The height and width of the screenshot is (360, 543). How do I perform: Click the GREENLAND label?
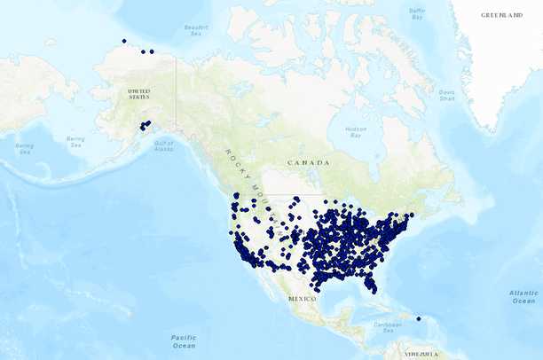tap(501, 15)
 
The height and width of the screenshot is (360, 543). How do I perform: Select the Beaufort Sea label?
tap(195, 29)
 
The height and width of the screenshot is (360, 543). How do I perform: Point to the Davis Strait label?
tap(446, 94)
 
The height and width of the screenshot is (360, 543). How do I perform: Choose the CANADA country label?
tap(308, 163)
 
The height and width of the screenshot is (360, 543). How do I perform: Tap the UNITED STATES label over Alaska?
tap(138, 94)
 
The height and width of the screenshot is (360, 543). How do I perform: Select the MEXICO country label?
tap(302, 299)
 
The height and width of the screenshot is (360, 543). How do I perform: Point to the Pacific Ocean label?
tap(184, 340)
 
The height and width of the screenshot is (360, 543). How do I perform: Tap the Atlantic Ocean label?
tap(523, 296)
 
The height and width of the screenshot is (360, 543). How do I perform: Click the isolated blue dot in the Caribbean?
tap(418, 319)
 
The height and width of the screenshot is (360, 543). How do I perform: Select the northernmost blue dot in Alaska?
tap(124, 41)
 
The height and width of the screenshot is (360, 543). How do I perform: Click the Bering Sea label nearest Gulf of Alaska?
tap(75, 141)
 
